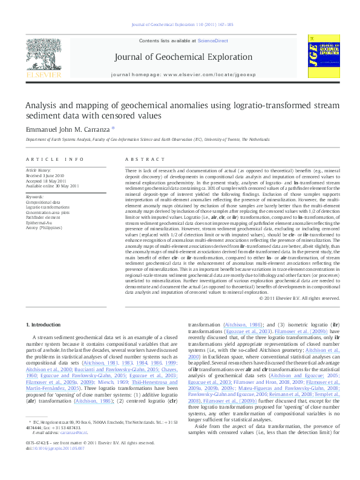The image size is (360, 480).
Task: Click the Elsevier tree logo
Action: [39, 55]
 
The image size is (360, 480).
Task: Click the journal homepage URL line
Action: [180, 74]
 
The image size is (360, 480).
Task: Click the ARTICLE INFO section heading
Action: [55, 159]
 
